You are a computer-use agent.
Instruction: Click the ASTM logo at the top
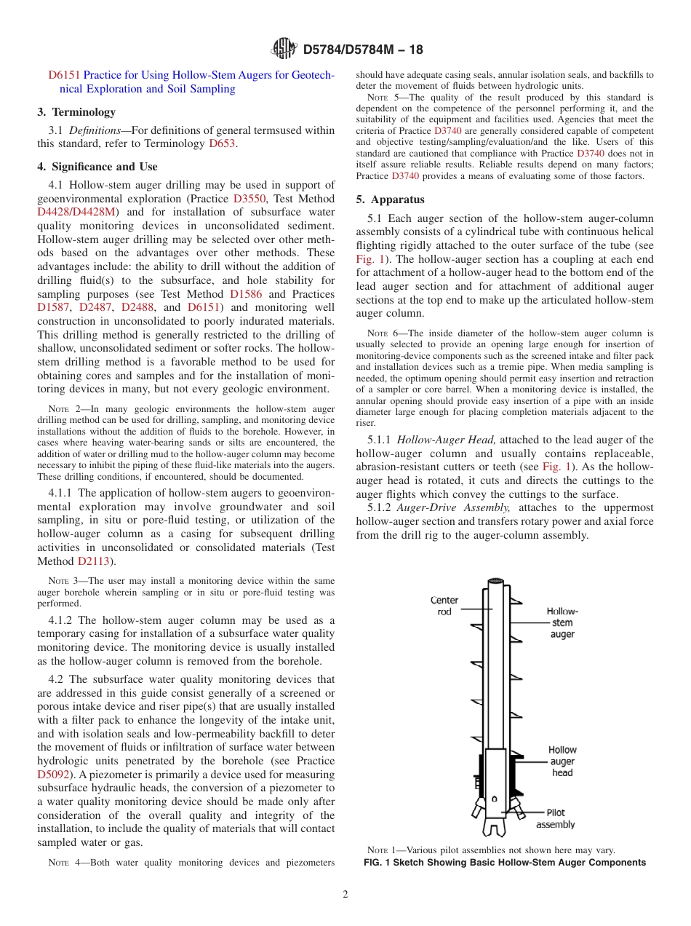click(x=284, y=49)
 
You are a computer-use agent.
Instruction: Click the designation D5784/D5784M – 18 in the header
click(x=362, y=50)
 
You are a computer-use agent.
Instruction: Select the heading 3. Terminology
click(x=76, y=112)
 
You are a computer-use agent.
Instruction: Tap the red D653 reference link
click(x=222, y=143)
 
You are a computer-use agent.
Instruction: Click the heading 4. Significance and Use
click(x=97, y=167)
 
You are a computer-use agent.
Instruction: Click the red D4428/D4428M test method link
click(x=76, y=212)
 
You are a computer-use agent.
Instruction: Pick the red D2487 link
click(x=95, y=307)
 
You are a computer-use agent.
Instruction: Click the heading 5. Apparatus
click(x=391, y=199)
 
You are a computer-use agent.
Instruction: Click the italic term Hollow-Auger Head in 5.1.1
click(x=447, y=440)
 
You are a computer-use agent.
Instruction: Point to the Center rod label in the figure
click(x=444, y=606)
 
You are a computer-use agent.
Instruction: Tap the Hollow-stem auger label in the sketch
click(x=562, y=622)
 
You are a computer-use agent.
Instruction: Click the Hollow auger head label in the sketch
click(x=562, y=761)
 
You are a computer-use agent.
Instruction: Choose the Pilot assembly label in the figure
click(x=556, y=818)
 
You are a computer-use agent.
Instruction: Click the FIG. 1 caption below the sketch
click(x=504, y=863)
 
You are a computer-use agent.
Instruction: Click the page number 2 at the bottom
click(x=345, y=895)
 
